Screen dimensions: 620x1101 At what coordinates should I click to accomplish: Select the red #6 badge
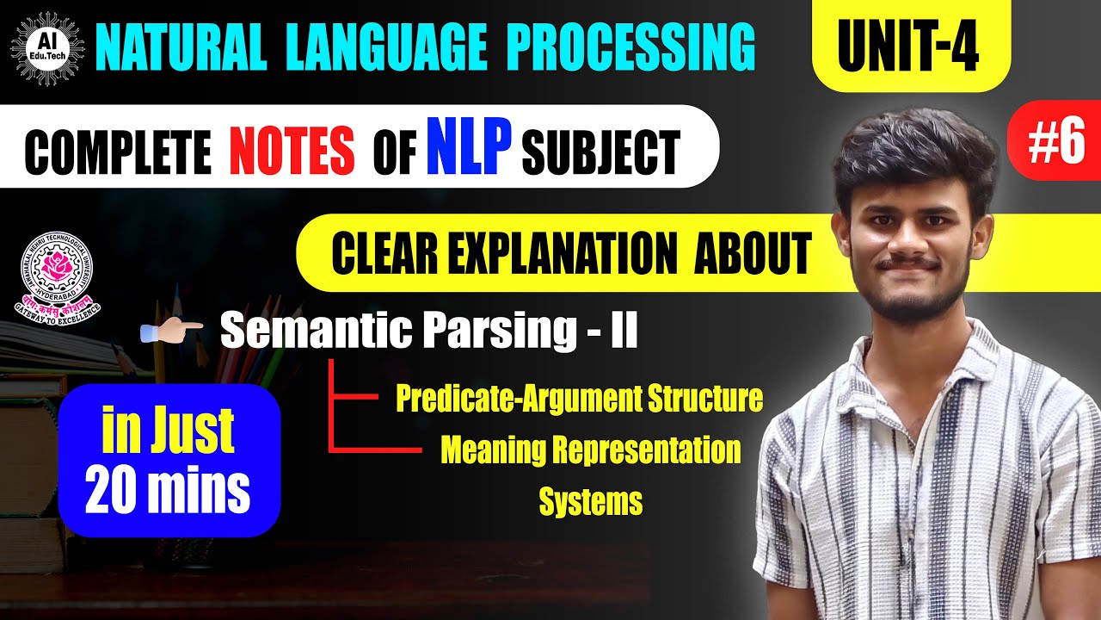[1055, 142]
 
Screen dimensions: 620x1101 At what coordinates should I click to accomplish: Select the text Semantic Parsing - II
[429, 332]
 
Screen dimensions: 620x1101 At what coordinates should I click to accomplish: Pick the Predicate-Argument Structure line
[579, 399]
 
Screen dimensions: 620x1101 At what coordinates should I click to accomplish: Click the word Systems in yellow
[590, 501]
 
